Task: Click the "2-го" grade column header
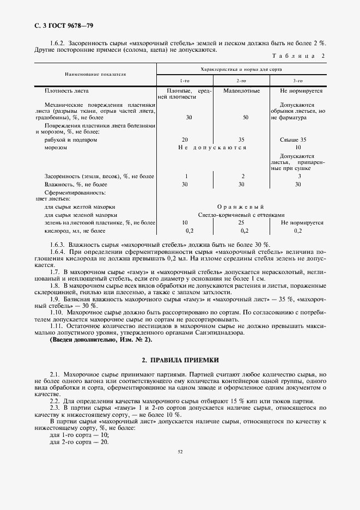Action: [241, 80]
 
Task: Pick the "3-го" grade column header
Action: [298, 80]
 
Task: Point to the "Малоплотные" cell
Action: [241, 91]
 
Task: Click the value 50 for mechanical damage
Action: [246, 117]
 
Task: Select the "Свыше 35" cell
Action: [297, 139]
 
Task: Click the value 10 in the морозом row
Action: [297, 147]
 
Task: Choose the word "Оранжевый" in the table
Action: [240, 207]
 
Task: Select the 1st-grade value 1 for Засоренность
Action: [186, 177]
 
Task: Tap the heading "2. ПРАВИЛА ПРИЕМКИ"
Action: [180, 360]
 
